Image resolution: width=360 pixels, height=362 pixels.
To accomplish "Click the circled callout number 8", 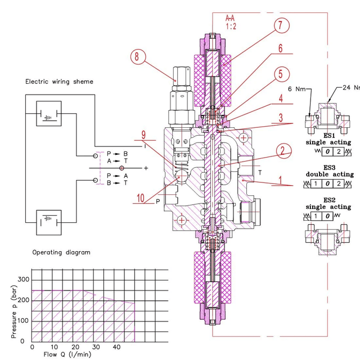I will click(x=137, y=56).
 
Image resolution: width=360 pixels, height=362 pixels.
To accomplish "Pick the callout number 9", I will click(x=143, y=135).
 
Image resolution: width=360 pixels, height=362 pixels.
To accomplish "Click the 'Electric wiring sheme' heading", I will click(x=59, y=82).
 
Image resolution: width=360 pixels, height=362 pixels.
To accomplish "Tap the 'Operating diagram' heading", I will click(x=61, y=252).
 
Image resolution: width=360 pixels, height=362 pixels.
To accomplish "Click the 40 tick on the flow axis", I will click(x=117, y=347).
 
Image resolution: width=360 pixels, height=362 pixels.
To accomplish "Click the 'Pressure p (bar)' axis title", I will click(x=13, y=312).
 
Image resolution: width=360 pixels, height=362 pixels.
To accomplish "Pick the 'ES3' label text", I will click(x=329, y=167).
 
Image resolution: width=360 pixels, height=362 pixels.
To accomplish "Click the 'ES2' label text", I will click(x=329, y=200).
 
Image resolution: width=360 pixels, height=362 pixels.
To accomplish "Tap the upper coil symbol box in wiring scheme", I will click(x=48, y=114).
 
